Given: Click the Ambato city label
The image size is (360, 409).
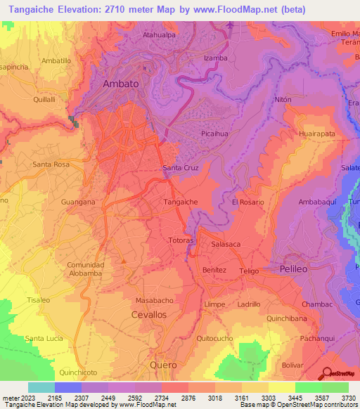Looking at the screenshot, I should (120, 83).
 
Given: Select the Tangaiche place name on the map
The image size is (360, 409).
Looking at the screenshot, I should (180, 202).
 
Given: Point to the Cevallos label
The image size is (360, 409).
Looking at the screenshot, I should (148, 315).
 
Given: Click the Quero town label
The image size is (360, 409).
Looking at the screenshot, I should (164, 365).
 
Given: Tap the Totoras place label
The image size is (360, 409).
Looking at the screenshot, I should (181, 240).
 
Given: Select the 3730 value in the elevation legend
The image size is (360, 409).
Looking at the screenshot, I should (346, 398).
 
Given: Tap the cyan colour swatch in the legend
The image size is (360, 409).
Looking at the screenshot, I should (41, 387).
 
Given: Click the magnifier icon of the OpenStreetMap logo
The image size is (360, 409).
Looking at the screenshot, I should (326, 373).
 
